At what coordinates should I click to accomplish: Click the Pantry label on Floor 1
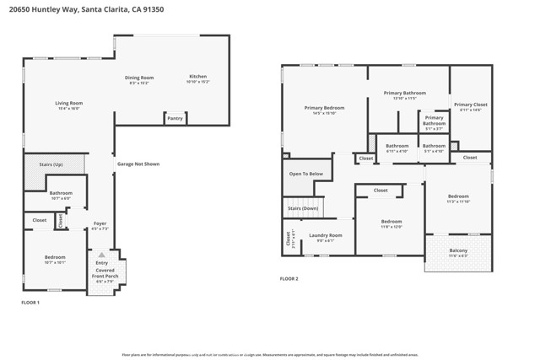click(175, 118)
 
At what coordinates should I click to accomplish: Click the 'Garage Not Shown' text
click(138, 164)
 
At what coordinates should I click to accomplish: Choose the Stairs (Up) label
click(46, 164)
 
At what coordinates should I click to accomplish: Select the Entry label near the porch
click(102, 262)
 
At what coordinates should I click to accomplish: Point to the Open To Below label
click(305, 174)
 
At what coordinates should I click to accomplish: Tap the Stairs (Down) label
click(303, 207)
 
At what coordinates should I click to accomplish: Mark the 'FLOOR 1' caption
click(30, 301)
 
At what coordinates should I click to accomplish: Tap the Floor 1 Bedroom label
click(55, 259)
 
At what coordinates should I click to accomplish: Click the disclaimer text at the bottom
click(269, 355)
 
